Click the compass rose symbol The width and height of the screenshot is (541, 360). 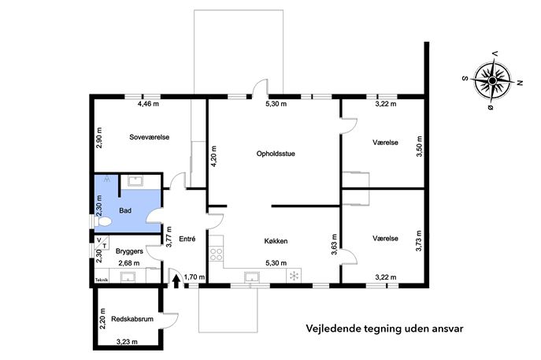pos(492,81)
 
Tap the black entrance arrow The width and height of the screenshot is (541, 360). pos(176,281)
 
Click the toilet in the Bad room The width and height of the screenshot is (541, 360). pos(103,221)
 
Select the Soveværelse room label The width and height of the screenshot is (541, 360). pos(150,137)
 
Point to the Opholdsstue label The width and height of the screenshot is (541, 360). pos(276,154)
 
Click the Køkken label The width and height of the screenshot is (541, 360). pos(276,241)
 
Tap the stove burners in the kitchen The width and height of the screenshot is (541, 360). pos(217,254)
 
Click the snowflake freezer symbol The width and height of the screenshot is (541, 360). pos(294,276)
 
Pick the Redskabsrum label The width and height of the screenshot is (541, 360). pos(132,319)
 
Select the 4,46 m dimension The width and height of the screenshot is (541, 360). pos(148,103)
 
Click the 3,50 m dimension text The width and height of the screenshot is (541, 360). pos(419,147)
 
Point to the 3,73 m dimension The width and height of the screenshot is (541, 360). pos(419,241)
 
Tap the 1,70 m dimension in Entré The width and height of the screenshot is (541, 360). pos(195,276)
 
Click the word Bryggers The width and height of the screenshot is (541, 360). pos(129,251)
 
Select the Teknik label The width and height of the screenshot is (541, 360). pos(102,280)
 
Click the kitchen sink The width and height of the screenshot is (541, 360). pos(253,277)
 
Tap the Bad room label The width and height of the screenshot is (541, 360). pos(125,210)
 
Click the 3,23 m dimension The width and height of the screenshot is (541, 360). pos(127,342)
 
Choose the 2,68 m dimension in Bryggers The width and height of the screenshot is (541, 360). pos(129,263)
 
